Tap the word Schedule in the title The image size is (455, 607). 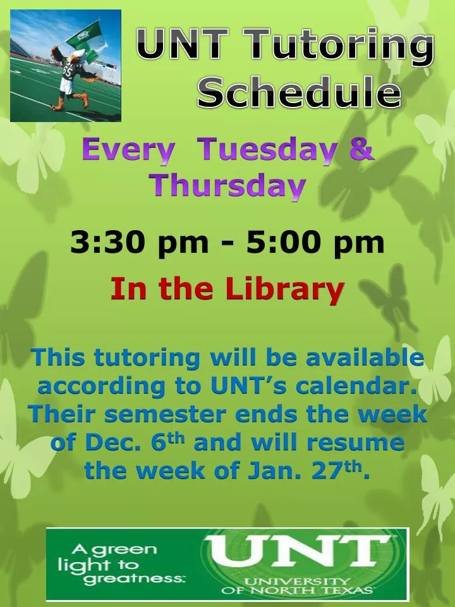299,94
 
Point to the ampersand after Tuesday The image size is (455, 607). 361,152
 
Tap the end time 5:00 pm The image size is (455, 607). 316,243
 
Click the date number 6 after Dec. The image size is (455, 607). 158,443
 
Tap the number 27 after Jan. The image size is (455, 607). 334,471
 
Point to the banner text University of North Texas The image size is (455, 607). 297,586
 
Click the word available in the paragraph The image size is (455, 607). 364,358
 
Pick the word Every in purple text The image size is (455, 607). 128,152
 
